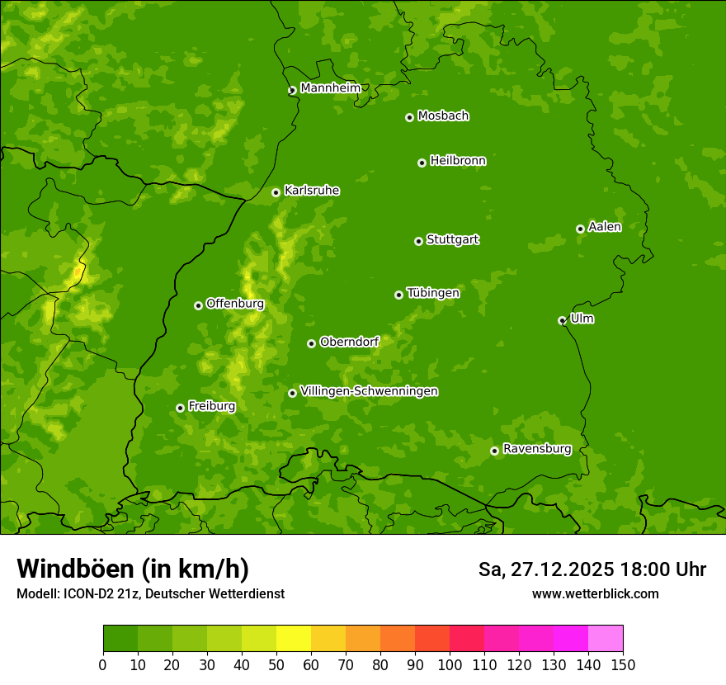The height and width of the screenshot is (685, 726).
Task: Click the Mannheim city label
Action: pos(330,87)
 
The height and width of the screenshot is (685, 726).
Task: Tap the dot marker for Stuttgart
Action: pos(418,241)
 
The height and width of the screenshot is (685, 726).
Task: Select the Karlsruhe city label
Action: pos(312,191)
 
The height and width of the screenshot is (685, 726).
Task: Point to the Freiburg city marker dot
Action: pos(180,408)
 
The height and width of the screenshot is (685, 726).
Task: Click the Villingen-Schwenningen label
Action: pos(369,391)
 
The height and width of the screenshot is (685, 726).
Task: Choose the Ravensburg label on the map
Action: pos(537,449)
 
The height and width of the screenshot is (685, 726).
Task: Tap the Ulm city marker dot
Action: pos(562,320)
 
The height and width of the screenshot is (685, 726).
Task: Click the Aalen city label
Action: pos(605,227)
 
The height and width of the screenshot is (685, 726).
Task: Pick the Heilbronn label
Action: pos(458,161)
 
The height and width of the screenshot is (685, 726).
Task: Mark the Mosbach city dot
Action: pos(409,117)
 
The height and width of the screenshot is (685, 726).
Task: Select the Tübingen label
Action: pos(433,293)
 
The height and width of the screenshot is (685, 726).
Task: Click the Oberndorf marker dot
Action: pos(311,343)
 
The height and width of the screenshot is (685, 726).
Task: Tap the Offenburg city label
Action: pos(235,304)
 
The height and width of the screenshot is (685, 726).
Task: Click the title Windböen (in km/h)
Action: pos(133,569)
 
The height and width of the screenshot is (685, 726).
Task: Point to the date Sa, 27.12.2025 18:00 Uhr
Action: pos(592,569)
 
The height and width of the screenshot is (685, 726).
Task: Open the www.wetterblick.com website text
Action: pos(595,593)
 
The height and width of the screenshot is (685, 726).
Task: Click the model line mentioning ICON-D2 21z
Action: pos(150,593)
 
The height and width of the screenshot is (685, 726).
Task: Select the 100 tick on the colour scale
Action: pos(450,665)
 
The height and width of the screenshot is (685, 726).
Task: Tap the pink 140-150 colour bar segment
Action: pos(606,639)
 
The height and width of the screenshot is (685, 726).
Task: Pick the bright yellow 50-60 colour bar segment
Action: pos(294,639)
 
